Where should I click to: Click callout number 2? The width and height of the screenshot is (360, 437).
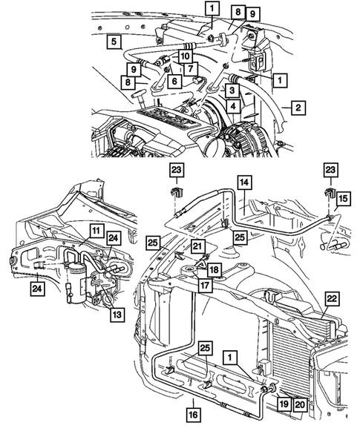(x=296, y=108)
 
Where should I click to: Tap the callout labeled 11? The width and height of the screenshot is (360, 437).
(x=96, y=231)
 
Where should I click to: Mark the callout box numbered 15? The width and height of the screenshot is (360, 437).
(x=341, y=200)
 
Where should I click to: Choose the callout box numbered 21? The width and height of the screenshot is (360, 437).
(x=197, y=247)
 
